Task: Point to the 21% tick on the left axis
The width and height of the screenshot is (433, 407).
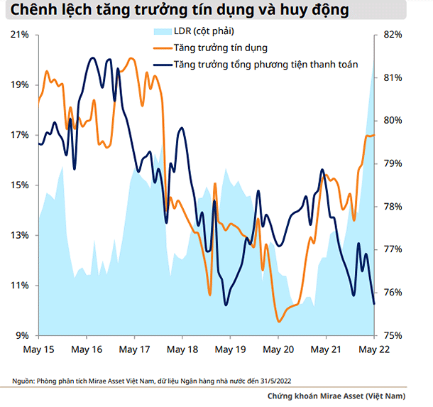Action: [x=20, y=35]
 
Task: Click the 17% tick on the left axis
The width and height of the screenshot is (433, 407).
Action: [x=20, y=135]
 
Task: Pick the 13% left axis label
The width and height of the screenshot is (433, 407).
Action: [x=20, y=235]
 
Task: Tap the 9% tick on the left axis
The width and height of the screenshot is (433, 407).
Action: [x=22, y=335]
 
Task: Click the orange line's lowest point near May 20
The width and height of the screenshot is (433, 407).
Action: [x=280, y=322]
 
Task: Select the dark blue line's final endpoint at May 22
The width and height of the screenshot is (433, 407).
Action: [x=374, y=303]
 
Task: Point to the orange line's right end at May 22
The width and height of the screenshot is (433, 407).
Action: [x=374, y=135]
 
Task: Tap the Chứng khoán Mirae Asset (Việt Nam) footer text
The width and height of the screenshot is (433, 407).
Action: [x=336, y=396]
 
